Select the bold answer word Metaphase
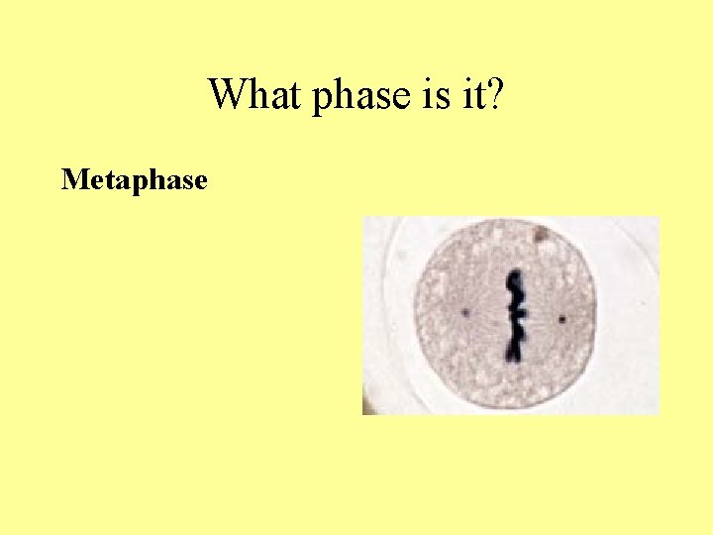[134, 181]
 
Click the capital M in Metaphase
[72, 180]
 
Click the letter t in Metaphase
[103, 181]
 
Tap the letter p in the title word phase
[320, 100]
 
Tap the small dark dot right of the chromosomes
[561, 319]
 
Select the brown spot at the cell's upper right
[541, 235]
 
